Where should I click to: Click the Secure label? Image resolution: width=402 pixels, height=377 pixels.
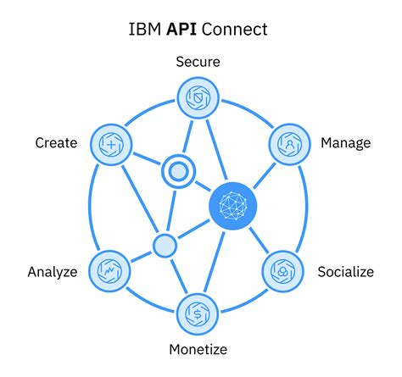(x=198, y=61)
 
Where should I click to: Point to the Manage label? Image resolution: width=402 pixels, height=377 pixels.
(x=345, y=142)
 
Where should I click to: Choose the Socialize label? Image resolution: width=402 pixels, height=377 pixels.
(x=345, y=272)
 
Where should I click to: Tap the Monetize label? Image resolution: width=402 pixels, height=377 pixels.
(x=197, y=348)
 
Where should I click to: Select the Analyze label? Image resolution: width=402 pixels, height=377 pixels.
(x=53, y=272)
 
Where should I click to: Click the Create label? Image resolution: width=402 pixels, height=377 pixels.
(x=56, y=142)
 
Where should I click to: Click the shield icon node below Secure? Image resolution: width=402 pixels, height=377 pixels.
(x=198, y=97)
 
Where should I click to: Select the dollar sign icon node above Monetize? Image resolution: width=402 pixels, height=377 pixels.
(x=198, y=312)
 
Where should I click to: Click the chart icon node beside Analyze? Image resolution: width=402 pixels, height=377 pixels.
(x=109, y=270)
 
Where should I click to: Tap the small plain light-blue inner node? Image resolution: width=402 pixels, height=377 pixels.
(x=164, y=246)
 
